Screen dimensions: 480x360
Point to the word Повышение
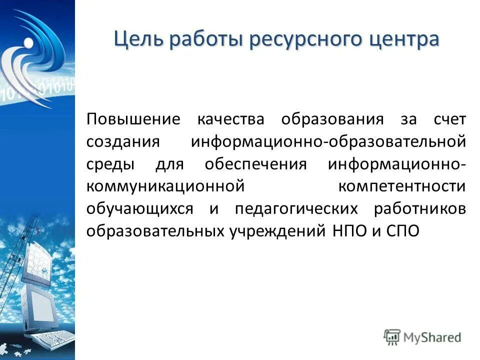pyautogui.click(x=132, y=119)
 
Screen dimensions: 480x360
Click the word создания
pyautogui.click(x=123, y=142)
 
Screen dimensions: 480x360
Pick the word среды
pyautogui.click(x=109, y=164)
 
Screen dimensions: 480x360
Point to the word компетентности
pyautogui.click(x=402, y=186)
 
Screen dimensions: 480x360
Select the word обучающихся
pyautogui.click(x=139, y=208)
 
